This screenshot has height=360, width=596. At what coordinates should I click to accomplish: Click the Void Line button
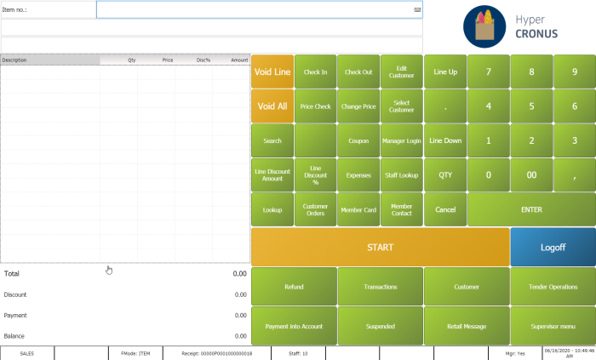(x=272, y=71)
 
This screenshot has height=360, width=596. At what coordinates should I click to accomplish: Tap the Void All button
(x=272, y=106)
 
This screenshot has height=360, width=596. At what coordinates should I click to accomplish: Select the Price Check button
(x=315, y=106)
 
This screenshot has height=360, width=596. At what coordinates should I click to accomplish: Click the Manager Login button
(x=402, y=140)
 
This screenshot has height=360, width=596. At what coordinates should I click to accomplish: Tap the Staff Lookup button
(x=402, y=174)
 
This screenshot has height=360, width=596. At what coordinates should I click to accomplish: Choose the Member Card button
(x=358, y=209)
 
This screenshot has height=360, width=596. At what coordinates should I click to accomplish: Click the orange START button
(x=380, y=247)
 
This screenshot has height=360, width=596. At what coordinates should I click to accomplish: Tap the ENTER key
(x=531, y=209)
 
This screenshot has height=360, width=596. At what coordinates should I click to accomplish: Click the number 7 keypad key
(x=488, y=71)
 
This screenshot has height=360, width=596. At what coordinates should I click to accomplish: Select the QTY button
(x=444, y=174)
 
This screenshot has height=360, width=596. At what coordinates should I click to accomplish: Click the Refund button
(x=293, y=287)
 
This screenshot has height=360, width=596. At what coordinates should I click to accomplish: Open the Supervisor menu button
(x=553, y=326)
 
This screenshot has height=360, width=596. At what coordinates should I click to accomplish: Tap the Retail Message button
(x=466, y=326)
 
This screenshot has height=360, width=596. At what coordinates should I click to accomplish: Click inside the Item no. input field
(x=255, y=9)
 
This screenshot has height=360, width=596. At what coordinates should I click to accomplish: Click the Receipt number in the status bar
(x=216, y=352)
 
